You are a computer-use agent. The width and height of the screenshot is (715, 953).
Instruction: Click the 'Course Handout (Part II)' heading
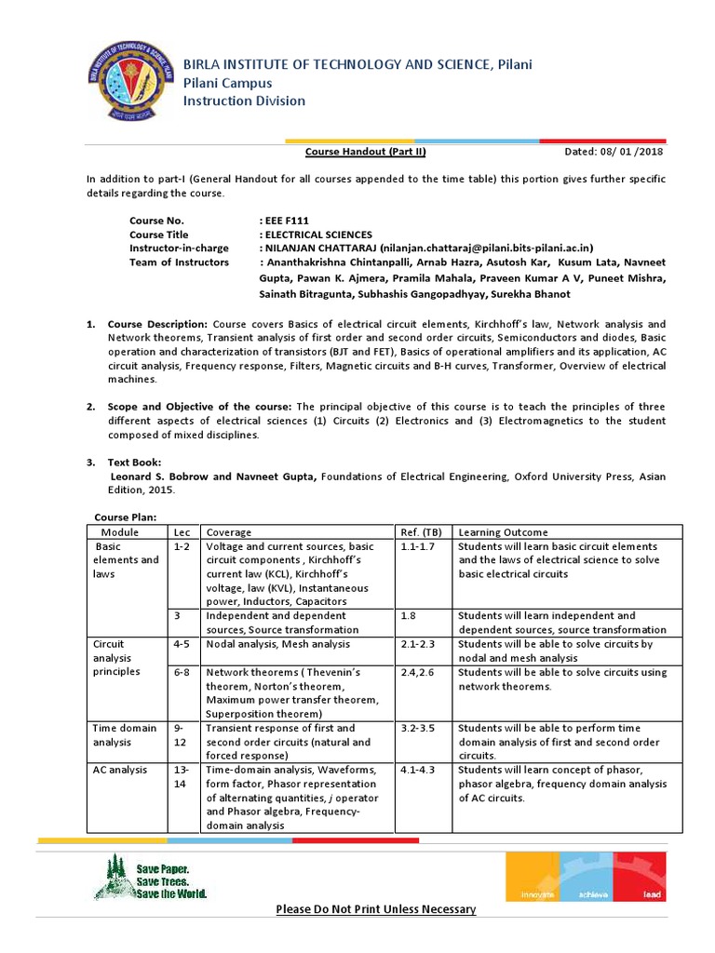tap(366, 152)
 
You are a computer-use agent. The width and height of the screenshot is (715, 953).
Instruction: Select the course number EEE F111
tap(289, 221)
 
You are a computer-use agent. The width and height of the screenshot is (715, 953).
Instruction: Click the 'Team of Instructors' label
tap(179, 262)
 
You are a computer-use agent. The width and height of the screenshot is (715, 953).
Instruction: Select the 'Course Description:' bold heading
tap(158, 324)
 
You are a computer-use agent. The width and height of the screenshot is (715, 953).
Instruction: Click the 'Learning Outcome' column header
tap(503, 532)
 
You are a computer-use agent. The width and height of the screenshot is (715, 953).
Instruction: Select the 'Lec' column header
tap(182, 532)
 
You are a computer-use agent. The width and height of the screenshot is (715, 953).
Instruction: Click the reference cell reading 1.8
tap(408, 616)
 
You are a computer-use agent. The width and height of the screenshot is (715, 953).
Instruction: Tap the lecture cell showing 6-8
tap(182, 672)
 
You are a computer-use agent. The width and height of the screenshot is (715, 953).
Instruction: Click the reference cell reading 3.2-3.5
tap(418, 729)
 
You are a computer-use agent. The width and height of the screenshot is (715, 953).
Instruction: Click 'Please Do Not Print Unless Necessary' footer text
tap(375, 909)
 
